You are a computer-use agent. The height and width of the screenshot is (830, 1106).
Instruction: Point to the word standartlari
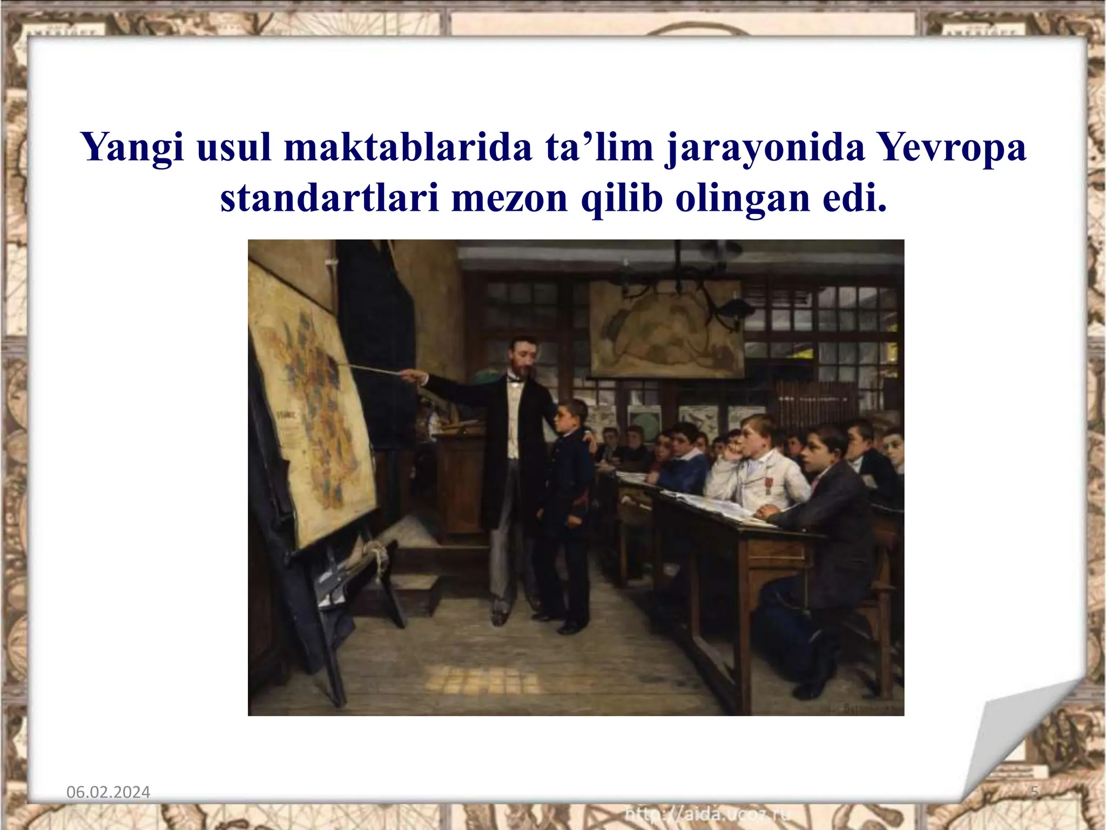[329, 198]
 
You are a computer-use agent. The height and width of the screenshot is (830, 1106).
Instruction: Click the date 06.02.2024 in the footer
[108, 792]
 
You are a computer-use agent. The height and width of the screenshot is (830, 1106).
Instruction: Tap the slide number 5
[1035, 793]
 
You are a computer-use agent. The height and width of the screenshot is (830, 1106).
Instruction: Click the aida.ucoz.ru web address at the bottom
[707, 813]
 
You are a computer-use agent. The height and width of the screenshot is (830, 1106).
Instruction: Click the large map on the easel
[313, 411]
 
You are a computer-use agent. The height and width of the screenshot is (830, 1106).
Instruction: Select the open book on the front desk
[713, 505]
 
